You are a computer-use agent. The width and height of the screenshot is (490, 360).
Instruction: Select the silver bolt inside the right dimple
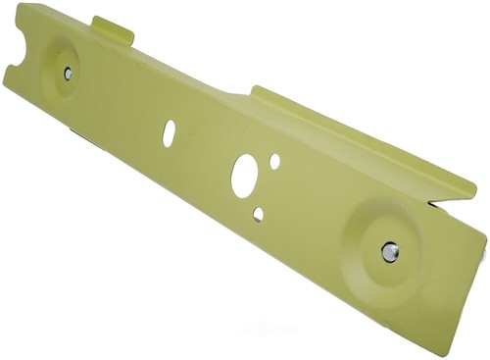[389, 251]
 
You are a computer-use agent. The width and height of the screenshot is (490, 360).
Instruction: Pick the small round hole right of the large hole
[275, 160]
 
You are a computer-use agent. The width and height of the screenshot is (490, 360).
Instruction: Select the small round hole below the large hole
[258, 213]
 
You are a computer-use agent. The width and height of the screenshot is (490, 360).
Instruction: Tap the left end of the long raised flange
[257, 91]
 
